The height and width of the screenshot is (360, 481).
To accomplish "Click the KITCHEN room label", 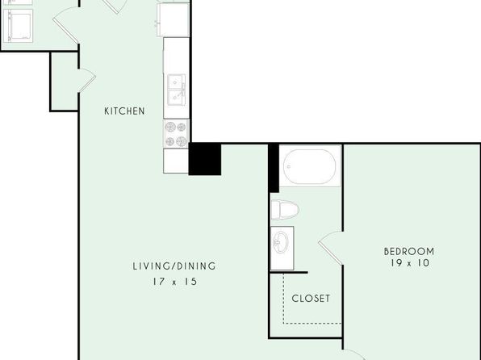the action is pos(124,111).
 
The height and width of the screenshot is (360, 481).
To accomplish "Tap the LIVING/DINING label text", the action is pos(174,266).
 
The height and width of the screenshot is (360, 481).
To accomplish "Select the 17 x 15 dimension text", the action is pos(175,282).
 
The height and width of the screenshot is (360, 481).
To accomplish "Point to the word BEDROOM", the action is pos(409,252).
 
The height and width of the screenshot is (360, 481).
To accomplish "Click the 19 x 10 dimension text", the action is pos(410,263).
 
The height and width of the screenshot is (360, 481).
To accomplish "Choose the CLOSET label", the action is pos(311,299).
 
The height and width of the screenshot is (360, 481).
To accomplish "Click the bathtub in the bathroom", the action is pos(310,166).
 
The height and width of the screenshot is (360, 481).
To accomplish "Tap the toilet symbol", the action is pos(285,210).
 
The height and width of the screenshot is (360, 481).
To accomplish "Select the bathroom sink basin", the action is pos(281,242).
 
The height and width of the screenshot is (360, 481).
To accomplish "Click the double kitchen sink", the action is pos(177,90).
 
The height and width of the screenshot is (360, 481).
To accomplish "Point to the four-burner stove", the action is pos(177,133).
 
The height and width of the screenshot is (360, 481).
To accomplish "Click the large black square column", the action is pos(205,159).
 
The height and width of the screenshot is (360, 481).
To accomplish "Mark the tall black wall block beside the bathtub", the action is pos(274,168).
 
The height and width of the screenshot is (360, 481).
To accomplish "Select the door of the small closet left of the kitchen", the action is pos(87,81).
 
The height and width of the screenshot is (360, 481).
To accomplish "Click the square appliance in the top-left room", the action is pos(18,26).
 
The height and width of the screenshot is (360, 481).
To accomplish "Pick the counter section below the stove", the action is pos(176,161).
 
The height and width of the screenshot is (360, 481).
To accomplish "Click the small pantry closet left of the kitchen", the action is pos(64,82).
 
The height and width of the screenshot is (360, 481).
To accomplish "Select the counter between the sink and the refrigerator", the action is pos(176,56).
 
